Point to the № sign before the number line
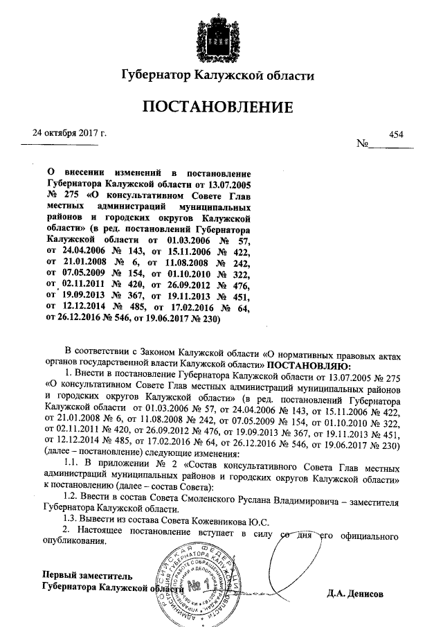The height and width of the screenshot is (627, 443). point(362,145)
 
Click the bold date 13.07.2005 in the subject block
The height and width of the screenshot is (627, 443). point(232,184)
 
